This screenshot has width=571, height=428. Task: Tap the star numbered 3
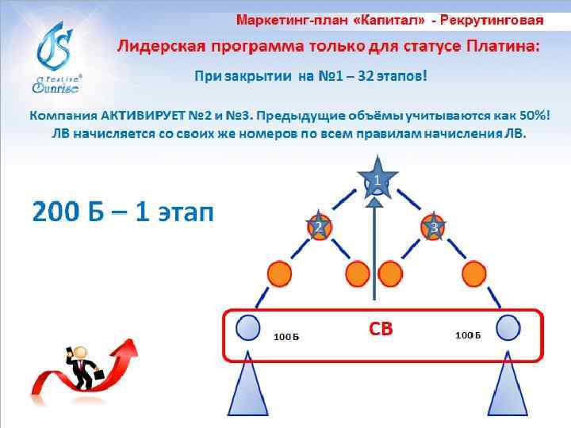(435, 227)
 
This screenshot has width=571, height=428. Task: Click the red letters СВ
(381, 329)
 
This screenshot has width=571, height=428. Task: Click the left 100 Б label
(285, 336)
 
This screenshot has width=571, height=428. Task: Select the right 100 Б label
(468, 335)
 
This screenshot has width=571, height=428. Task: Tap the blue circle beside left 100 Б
(248, 327)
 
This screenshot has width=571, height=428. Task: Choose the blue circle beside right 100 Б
(508, 327)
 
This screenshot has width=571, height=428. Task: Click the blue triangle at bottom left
(248, 392)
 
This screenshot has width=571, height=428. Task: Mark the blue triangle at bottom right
(508, 392)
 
